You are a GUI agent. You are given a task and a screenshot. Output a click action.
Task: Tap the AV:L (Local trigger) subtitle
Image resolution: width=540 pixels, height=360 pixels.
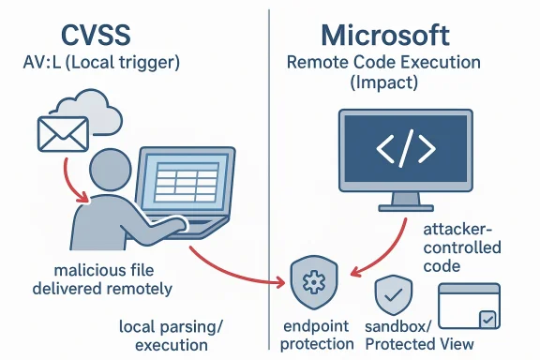click(101, 66)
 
